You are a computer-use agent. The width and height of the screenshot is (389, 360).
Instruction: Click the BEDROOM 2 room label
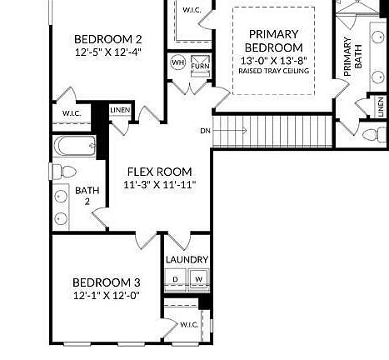pyautogui.click(x=107, y=39)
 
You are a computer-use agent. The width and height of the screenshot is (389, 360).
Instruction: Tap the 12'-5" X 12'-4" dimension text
pyautogui.click(x=107, y=52)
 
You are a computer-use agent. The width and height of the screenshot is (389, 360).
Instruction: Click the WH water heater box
pyautogui.click(x=177, y=63)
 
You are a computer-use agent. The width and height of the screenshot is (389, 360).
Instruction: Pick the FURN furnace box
pyautogui.click(x=199, y=64)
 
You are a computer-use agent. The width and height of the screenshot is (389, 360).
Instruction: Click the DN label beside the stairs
pyautogui.click(x=205, y=131)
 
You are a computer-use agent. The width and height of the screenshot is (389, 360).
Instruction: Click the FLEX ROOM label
pyautogui.click(x=159, y=171)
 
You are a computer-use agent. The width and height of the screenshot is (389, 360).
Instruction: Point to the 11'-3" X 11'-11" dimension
pyautogui.click(x=159, y=184)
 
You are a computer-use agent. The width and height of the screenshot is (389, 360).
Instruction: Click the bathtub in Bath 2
pyautogui.click(x=76, y=147)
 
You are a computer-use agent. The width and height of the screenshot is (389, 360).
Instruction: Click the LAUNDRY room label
pyautogui.click(x=187, y=260)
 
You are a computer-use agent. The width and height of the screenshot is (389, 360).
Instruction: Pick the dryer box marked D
pyautogui.click(x=177, y=279)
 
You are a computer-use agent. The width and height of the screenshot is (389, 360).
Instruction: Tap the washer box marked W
pyautogui.click(x=199, y=279)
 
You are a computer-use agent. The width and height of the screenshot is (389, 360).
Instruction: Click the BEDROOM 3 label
pyautogui.click(x=105, y=282)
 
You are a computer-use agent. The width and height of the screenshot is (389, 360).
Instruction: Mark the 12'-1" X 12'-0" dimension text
pyautogui.click(x=105, y=295)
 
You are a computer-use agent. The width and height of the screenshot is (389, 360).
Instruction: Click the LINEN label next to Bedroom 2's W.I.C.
pyautogui.click(x=120, y=110)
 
